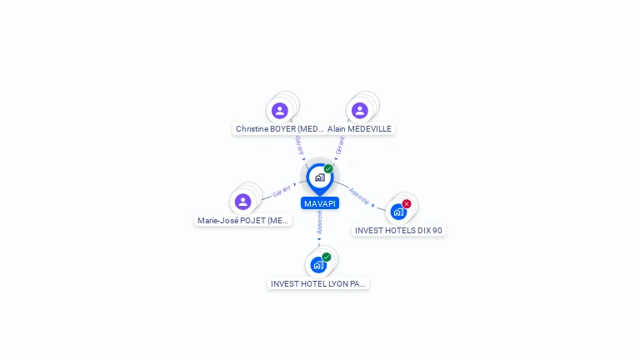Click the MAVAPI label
320,203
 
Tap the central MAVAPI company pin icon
319,177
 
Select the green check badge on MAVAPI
328,169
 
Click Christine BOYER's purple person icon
280,110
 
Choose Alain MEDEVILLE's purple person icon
360,110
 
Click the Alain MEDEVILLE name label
359,129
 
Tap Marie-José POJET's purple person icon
243,202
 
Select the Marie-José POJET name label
243,221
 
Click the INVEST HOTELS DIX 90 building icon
398,212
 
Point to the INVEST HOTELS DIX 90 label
399,230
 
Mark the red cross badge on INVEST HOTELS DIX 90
407,204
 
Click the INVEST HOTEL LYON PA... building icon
318,265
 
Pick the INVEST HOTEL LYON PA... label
318,283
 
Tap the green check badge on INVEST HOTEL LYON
327,257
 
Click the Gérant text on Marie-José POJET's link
281,192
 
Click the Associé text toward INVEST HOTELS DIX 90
359,195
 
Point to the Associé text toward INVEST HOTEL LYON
319,222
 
